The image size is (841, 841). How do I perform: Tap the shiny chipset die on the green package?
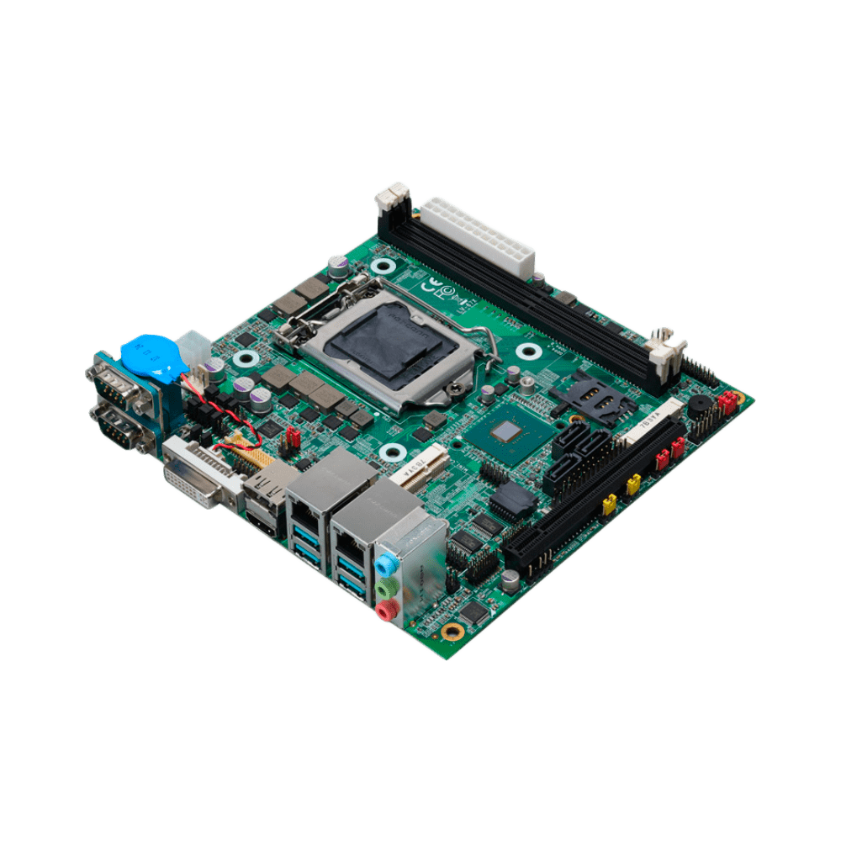point(507,433)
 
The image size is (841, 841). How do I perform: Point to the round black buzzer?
point(699,404)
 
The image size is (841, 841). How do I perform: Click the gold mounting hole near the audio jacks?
point(453,631)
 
